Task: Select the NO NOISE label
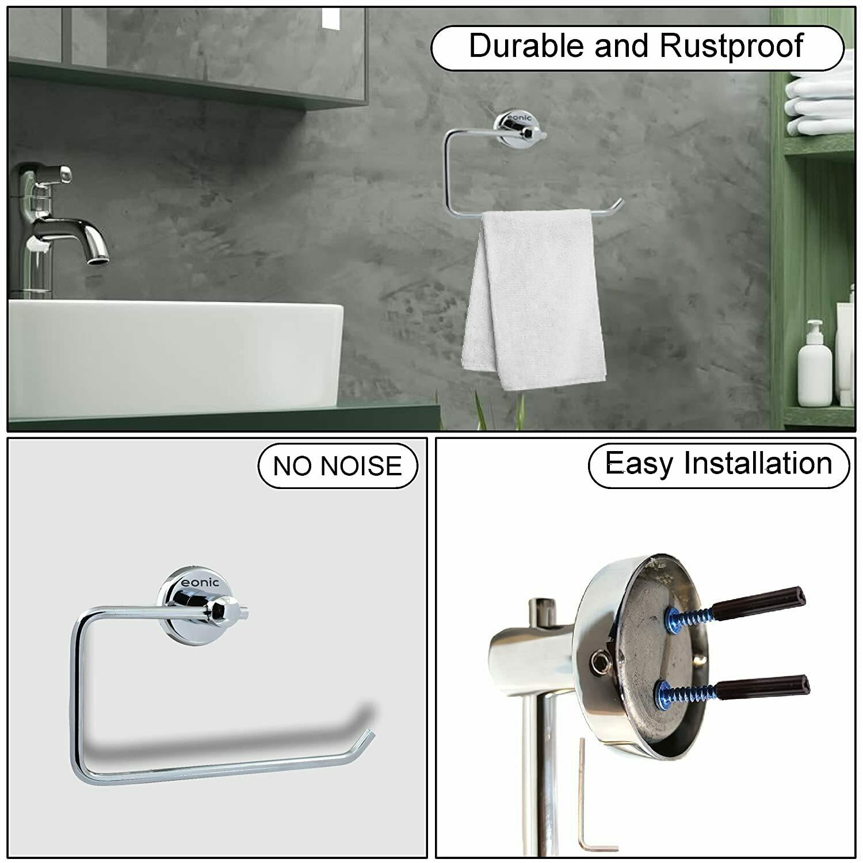337,465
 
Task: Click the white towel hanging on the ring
534,299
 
